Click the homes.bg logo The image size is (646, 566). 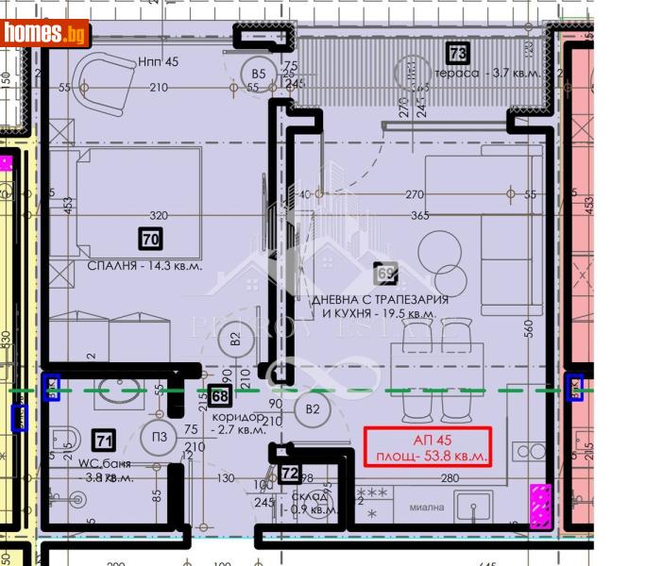[x=45, y=33]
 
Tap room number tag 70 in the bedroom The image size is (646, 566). [x=149, y=240]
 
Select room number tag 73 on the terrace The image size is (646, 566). [x=458, y=53]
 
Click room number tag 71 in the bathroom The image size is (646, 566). [x=103, y=438]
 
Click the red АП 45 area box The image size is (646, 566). [x=428, y=447]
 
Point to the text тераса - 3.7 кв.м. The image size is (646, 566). [x=482, y=74]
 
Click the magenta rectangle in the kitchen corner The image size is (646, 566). [x=540, y=505]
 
